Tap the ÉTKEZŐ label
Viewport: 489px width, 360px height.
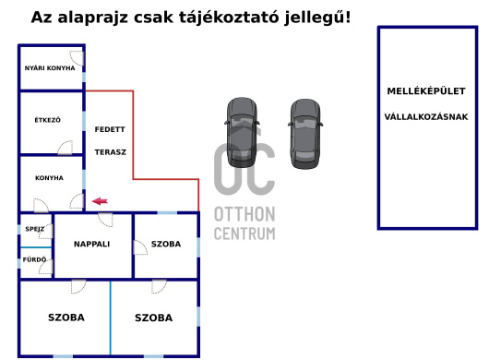tap(47, 120)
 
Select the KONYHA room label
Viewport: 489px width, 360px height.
tap(49, 178)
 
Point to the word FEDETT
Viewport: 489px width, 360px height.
tap(110, 130)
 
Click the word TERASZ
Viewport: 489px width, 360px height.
tap(110, 151)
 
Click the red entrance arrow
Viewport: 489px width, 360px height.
tap(99, 200)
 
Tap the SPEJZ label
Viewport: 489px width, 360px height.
tap(35, 229)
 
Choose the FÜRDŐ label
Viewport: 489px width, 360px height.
tap(34, 260)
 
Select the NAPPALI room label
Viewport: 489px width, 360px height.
tap(92, 245)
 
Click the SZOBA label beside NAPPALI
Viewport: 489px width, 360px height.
tap(166, 245)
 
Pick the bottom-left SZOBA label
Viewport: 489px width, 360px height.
tap(66, 318)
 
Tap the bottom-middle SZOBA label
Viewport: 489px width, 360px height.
tap(153, 318)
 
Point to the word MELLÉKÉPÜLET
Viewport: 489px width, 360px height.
tap(426, 90)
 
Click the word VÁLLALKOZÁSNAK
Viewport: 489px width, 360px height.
tap(426, 117)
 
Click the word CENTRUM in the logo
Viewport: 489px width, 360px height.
tap(244, 234)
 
